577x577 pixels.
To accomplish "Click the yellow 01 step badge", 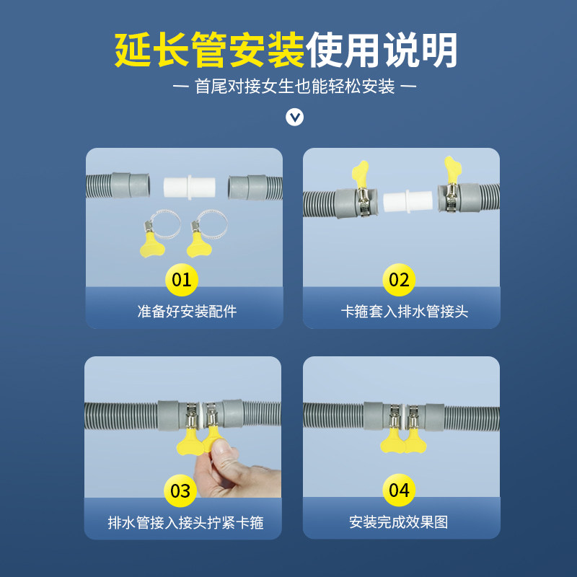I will pyautogui.click(x=182, y=279).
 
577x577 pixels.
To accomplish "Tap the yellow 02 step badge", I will pyautogui.click(x=399, y=279).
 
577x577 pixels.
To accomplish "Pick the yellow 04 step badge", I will pyautogui.click(x=399, y=490).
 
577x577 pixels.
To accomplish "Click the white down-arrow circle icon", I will pyautogui.click(x=295, y=117).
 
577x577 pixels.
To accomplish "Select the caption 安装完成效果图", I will pyautogui.click(x=399, y=522).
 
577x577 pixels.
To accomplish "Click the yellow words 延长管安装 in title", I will pyautogui.click(x=210, y=50).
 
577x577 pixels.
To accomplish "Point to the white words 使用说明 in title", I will pyautogui.click(x=382, y=50).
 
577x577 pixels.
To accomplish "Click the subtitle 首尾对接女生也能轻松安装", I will pyautogui.click(x=295, y=87).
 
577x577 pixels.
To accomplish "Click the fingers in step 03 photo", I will pyautogui.click(x=224, y=462).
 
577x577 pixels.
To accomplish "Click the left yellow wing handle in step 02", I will pyautogui.click(x=361, y=173).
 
